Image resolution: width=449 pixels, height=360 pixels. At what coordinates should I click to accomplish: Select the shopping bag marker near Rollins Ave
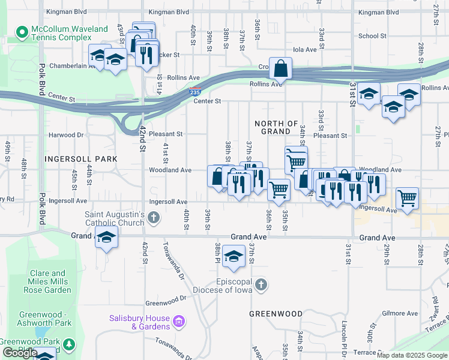click(x=280, y=70)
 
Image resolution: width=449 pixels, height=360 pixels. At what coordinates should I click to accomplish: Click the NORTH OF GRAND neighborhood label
click(x=276, y=127)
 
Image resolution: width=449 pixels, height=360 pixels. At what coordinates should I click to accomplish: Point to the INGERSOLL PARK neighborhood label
click(x=80, y=158)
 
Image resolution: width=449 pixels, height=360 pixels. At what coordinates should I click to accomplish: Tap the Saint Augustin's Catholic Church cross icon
click(x=154, y=217)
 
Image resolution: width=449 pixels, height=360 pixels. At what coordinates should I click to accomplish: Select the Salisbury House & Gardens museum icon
click(x=178, y=322)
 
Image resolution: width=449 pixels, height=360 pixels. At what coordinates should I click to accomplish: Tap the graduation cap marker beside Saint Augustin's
click(x=106, y=238)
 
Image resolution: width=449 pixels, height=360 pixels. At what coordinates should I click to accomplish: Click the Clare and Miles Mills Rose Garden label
click(x=50, y=281)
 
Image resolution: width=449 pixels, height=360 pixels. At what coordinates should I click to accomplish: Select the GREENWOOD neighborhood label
click(x=276, y=314)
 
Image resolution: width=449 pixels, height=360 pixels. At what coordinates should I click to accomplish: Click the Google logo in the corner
click(x=20, y=353)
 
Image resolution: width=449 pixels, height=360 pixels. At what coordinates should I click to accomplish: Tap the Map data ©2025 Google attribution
click(x=412, y=355)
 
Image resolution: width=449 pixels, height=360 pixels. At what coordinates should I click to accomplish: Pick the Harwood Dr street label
click(x=66, y=136)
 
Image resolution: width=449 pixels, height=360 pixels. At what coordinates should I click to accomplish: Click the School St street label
click(x=372, y=36)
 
